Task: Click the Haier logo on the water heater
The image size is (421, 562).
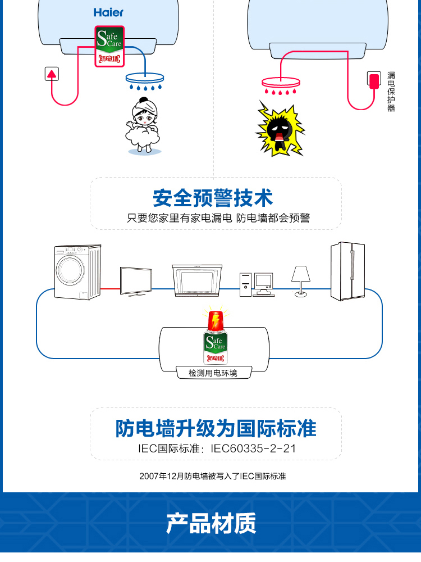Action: (x=108, y=12)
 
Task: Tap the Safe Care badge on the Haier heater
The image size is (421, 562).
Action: (x=109, y=46)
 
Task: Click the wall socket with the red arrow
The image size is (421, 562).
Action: (x=52, y=74)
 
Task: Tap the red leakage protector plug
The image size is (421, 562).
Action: (x=374, y=80)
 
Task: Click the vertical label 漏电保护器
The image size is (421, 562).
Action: (x=391, y=92)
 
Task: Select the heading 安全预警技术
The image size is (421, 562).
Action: (x=213, y=198)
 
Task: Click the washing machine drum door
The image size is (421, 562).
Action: (x=70, y=270)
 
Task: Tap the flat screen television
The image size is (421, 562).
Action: (x=136, y=282)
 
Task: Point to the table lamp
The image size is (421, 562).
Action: (x=301, y=282)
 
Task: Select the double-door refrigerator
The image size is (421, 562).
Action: (x=348, y=271)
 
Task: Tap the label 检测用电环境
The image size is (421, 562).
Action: (x=213, y=373)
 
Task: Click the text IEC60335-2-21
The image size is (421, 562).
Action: (x=253, y=448)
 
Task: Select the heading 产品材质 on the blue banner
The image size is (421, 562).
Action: (x=211, y=523)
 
